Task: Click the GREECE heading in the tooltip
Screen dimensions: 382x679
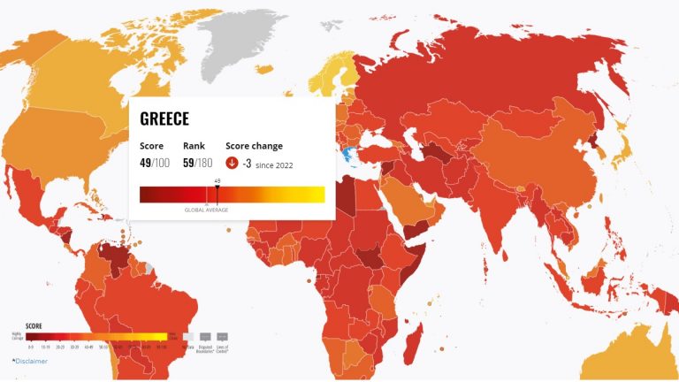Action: click(164, 118)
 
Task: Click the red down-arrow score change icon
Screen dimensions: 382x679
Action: click(232, 163)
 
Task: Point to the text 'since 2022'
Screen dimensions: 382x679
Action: click(275, 164)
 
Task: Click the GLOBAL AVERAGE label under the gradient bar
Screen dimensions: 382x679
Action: click(206, 210)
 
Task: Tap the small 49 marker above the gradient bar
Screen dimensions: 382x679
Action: click(217, 180)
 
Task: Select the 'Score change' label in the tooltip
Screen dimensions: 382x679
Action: click(254, 146)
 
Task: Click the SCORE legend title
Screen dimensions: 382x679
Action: click(33, 325)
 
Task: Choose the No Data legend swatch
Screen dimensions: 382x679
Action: click(187, 337)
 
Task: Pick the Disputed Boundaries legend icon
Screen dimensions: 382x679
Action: click(205, 337)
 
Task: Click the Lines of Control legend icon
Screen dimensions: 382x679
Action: click(222, 337)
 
